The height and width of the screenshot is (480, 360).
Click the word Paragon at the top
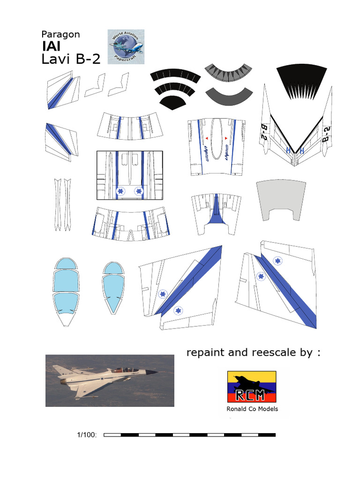pos(60,34)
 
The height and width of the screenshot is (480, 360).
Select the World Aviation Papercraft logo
pos(126,46)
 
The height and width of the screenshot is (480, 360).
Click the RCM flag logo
pos(251,387)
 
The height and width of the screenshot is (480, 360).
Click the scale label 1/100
pos(87,435)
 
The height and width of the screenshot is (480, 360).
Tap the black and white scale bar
pos(189,435)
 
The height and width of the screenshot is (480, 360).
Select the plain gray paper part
pos(277,199)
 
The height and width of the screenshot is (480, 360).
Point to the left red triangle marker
pos(206,138)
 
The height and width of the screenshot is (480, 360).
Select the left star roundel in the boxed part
pos(120,191)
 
